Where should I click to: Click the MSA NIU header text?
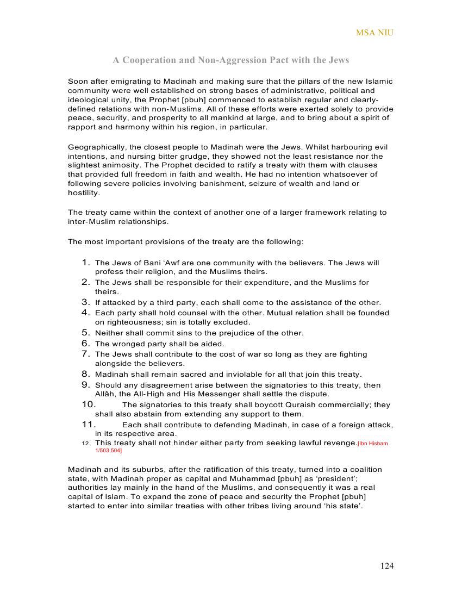point(374,33)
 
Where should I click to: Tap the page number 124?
point(387,566)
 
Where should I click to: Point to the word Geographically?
point(96,147)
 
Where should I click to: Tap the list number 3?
point(86,302)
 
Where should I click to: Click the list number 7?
point(86,354)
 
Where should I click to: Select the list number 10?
point(89,404)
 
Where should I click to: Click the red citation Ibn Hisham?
point(373,444)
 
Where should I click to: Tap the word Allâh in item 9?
point(105,394)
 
